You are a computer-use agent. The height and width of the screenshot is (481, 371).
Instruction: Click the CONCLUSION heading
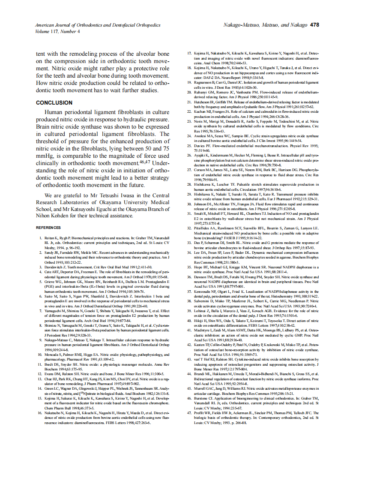54,103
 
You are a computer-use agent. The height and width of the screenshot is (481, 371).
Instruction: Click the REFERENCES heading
48,228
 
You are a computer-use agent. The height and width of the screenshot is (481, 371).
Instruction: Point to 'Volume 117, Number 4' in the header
57,31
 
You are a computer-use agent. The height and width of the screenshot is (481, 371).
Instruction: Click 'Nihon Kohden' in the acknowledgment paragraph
53,216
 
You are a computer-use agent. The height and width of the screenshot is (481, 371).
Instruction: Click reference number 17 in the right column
189,53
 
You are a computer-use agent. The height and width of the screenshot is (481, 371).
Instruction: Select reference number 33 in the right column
189,243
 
